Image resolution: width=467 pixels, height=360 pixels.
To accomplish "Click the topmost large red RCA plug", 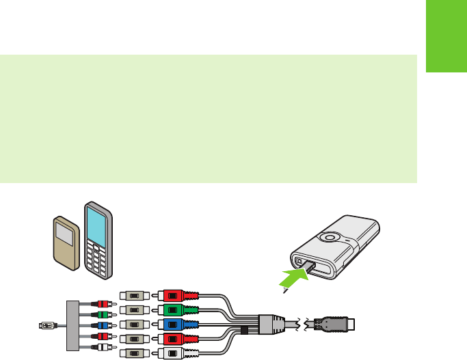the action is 176,296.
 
